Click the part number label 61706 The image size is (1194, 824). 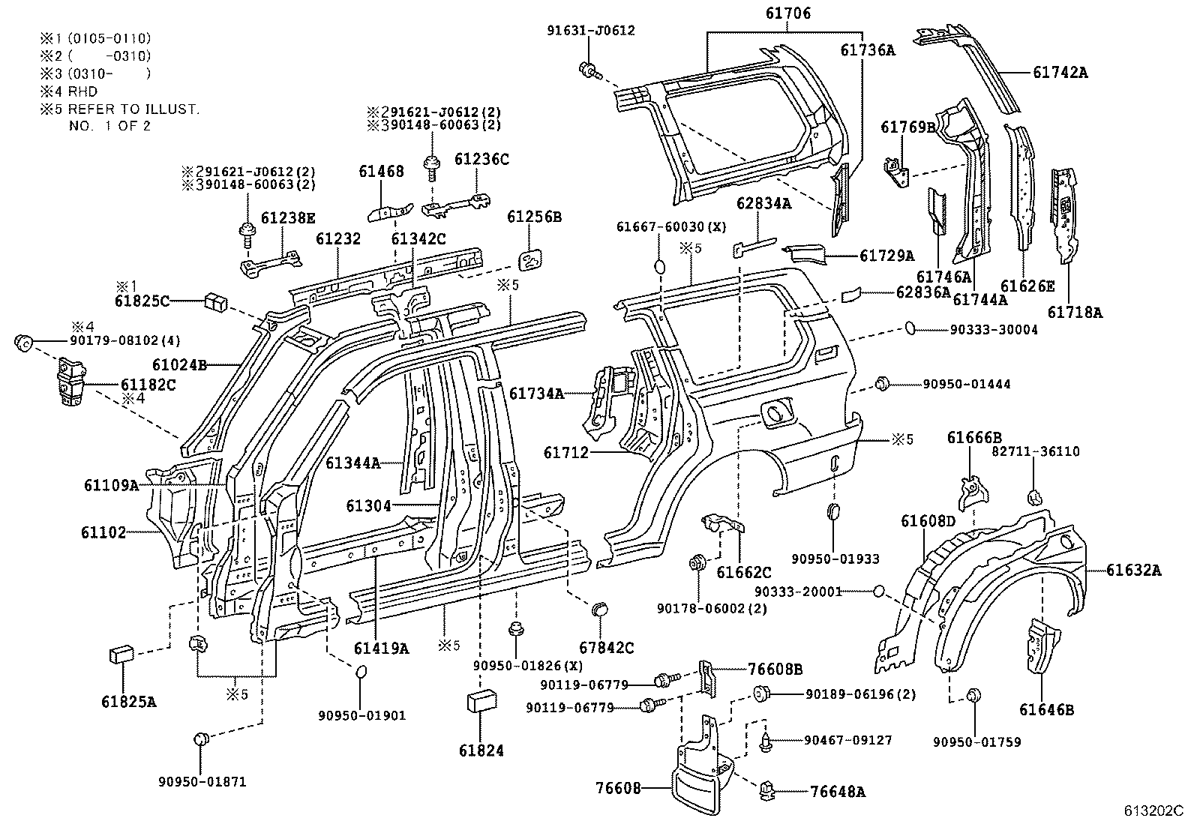[x=788, y=13]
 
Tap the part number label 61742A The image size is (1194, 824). [x=1060, y=72]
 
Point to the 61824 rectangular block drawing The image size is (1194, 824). [x=481, y=702]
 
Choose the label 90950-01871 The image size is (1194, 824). [x=202, y=782]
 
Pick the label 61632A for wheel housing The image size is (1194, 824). [x=1133, y=571]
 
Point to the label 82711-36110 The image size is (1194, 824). [x=1036, y=451]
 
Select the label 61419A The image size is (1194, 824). [x=381, y=649]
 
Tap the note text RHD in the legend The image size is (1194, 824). [x=82, y=91]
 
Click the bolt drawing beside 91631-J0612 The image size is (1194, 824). [x=588, y=71]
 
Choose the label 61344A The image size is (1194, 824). [x=352, y=463]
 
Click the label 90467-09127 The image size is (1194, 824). [x=848, y=740]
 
